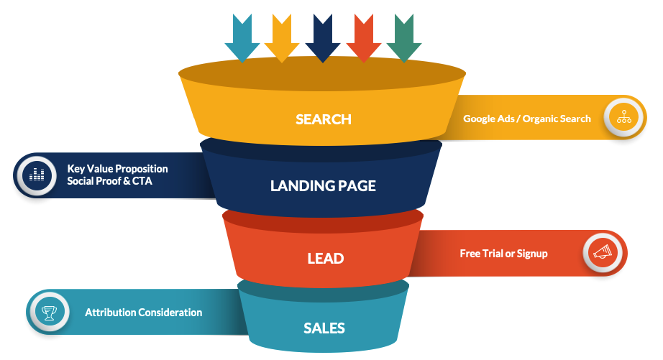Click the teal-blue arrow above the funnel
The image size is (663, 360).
242,37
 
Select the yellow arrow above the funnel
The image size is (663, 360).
282,37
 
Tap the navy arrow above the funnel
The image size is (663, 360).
323,37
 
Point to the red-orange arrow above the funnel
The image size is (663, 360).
364,37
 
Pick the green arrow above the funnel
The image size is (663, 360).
404,37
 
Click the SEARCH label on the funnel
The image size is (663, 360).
324,119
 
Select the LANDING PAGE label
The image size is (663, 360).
323,186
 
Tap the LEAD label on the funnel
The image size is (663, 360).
324,258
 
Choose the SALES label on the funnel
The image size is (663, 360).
324,328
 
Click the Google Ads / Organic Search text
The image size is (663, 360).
527,119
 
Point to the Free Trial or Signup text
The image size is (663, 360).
503,253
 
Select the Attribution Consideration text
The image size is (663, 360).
144,313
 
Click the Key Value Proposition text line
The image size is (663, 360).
118,169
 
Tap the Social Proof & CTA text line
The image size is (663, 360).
110,181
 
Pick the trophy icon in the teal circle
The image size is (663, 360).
49,313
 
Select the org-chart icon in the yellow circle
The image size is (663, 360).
623,116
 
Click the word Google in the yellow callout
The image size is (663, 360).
480,119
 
